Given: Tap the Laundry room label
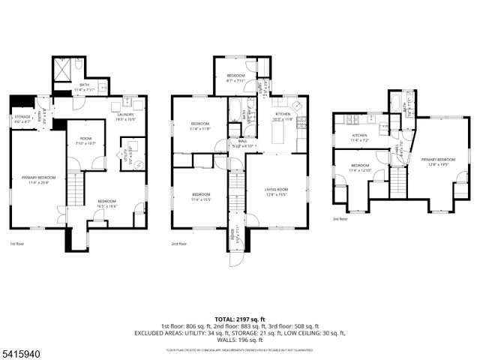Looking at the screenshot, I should pyautogui.click(x=124, y=116).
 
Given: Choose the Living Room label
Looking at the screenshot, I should pyautogui.click(x=276, y=192).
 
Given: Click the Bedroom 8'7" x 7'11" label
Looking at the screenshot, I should pyautogui.click(x=235, y=78).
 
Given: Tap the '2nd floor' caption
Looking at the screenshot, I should pyautogui.click(x=178, y=244).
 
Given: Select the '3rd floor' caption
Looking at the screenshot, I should pyautogui.click(x=340, y=219).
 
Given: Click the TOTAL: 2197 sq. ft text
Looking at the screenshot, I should pyautogui.click(x=239, y=319).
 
